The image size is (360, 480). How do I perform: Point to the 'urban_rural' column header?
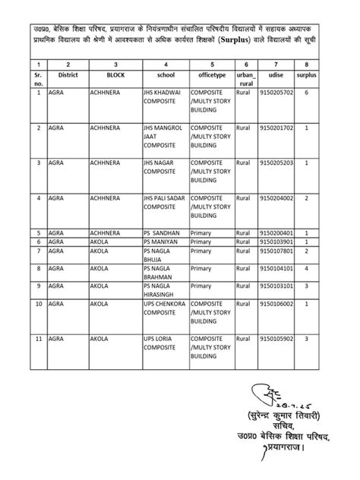(245, 79)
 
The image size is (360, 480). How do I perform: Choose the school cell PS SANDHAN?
(164, 232)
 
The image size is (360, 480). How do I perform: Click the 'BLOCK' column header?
(116, 75)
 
